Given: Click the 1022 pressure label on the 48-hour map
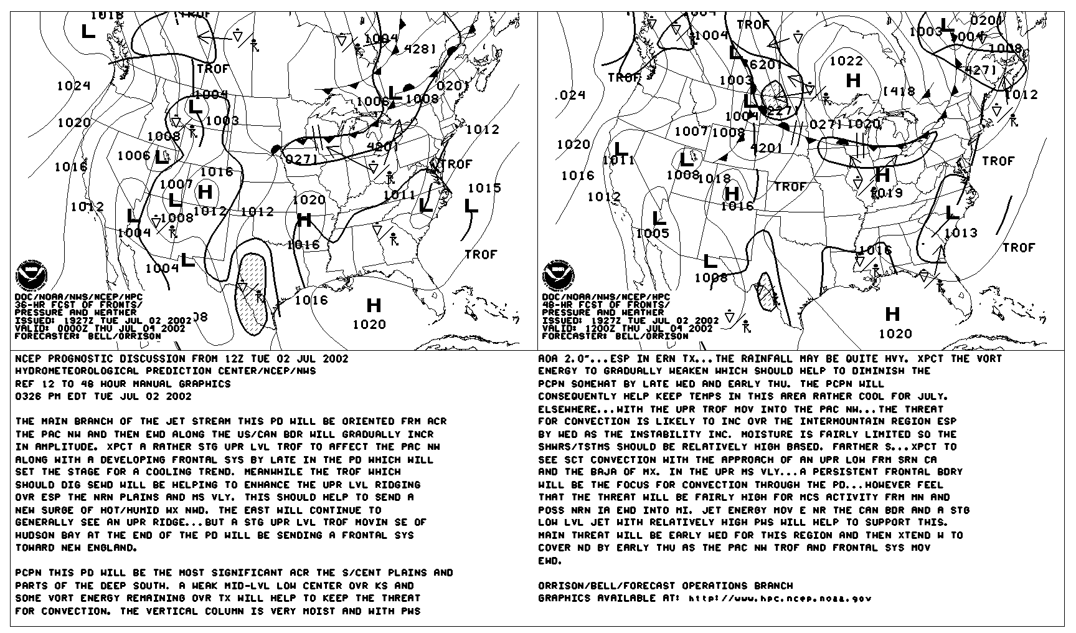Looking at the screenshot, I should tap(846, 61).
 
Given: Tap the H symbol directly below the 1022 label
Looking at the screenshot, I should tap(853, 80).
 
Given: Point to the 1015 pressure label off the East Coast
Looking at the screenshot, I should tap(484, 188).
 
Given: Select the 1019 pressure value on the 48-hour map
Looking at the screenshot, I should tap(887, 193).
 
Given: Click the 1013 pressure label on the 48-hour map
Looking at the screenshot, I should tap(961, 233).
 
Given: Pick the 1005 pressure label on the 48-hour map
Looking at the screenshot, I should tap(653, 234).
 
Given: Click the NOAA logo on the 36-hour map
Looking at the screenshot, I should tap(29, 275).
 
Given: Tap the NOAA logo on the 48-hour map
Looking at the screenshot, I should tap(557, 275).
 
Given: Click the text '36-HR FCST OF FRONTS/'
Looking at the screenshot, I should tap(78, 305).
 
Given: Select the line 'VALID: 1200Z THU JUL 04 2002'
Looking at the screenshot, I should tap(627, 328).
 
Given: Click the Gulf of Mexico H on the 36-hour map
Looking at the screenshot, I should tap(374, 305).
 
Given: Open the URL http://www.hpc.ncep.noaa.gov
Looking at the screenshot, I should tap(780, 599).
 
